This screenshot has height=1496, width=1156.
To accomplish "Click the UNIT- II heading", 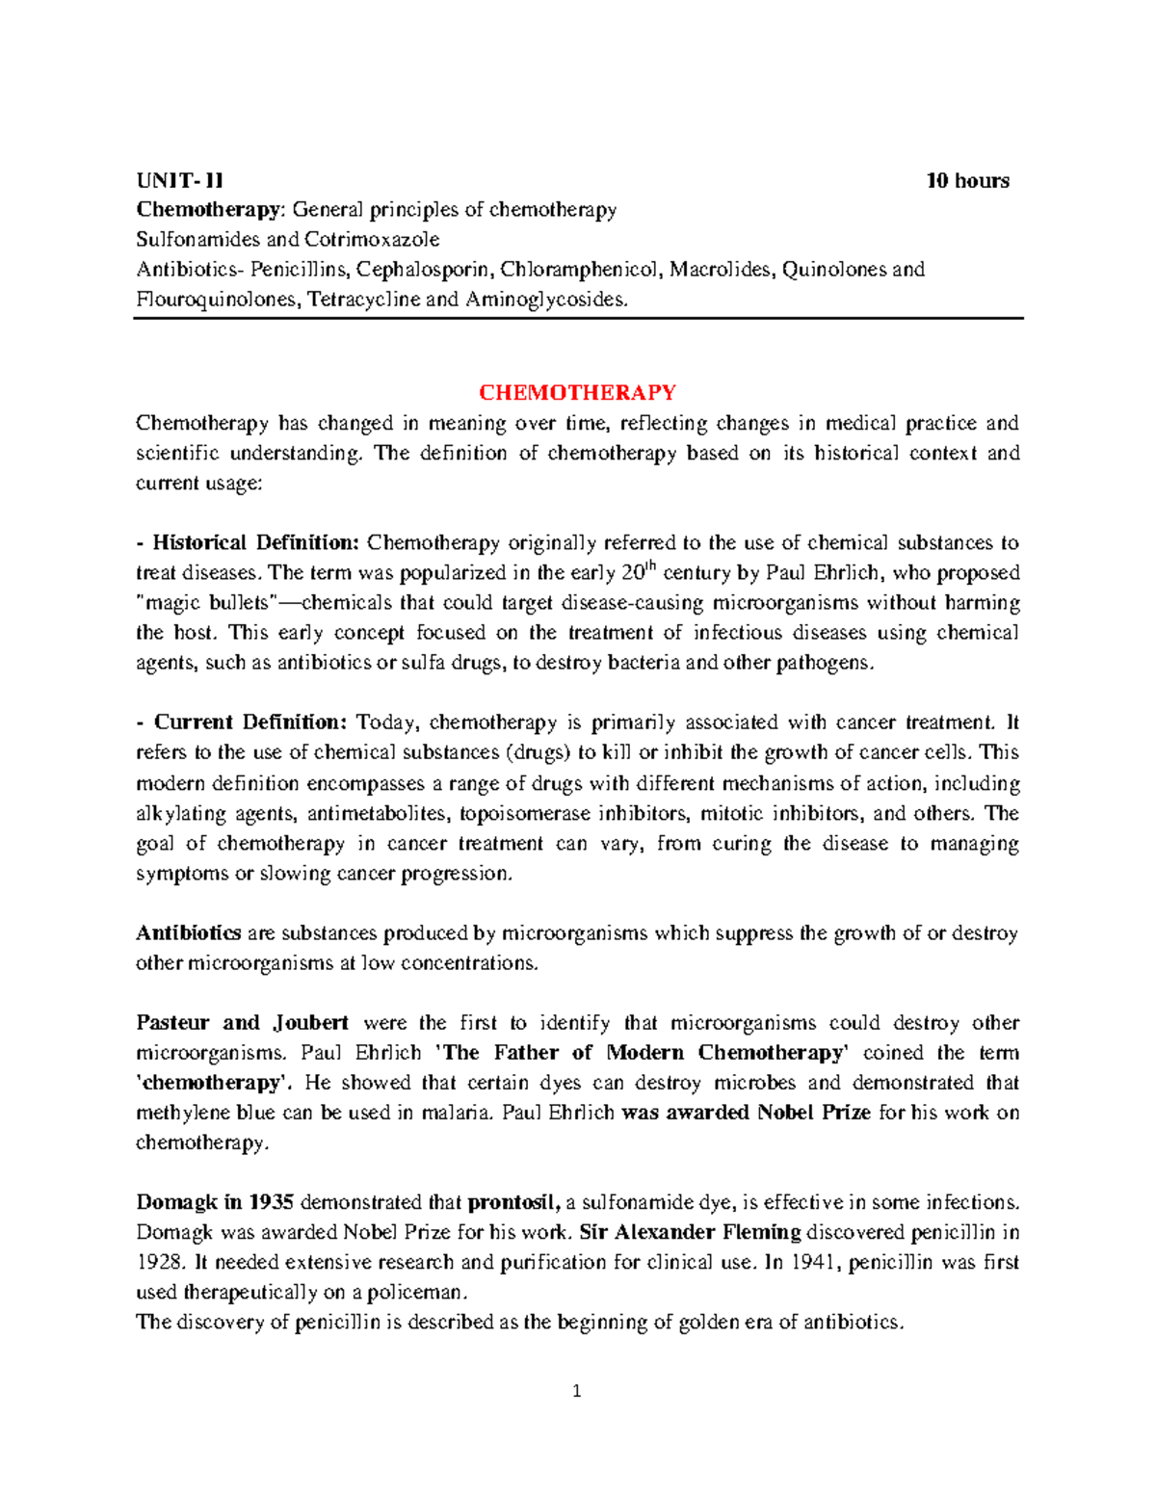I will pyautogui.click(x=179, y=180).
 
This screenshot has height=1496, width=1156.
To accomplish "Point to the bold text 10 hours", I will pyautogui.click(x=967, y=180).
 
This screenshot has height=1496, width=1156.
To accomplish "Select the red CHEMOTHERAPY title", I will pyautogui.click(x=577, y=392).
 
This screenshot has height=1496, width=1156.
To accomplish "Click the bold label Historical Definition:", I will pyautogui.click(x=255, y=542).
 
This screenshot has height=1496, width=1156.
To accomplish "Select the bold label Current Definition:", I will pyautogui.click(x=250, y=722).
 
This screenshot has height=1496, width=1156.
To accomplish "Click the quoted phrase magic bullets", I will pyautogui.click(x=206, y=603).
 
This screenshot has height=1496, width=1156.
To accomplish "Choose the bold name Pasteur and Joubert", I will pyautogui.click(x=242, y=1022).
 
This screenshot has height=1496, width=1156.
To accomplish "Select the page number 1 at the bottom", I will pyautogui.click(x=577, y=1391).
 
